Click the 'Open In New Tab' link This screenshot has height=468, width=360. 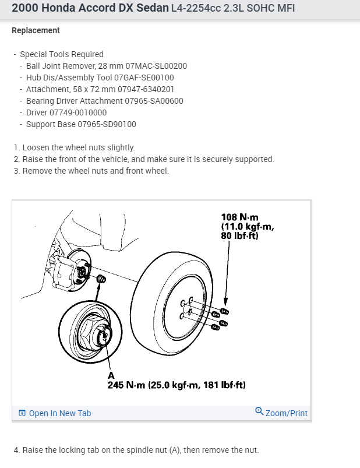(x=59, y=413)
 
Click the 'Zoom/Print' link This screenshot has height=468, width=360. (x=286, y=413)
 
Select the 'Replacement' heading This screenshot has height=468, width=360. (x=36, y=30)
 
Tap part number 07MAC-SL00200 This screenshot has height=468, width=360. (x=156, y=66)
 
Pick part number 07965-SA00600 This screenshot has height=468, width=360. (x=154, y=101)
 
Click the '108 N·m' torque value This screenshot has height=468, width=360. (x=238, y=218)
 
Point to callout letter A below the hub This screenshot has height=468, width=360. (x=111, y=376)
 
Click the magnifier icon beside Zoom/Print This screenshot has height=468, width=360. (x=259, y=412)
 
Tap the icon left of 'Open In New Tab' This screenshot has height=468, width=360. (x=22, y=413)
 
